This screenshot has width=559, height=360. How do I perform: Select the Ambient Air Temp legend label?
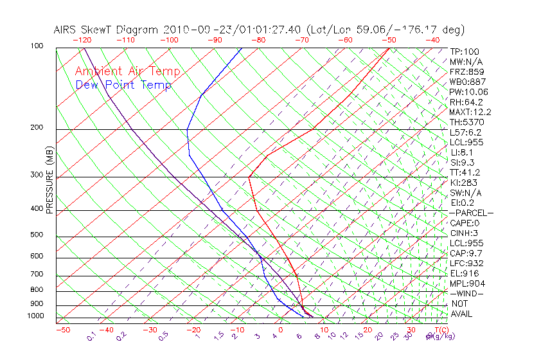pos(127,71)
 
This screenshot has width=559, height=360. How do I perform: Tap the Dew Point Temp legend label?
pos(123,85)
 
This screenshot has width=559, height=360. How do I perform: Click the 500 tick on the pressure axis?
pos(37,235)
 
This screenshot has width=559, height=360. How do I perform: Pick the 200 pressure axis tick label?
pos(37,128)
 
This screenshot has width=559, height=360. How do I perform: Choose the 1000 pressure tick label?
pos(36,316)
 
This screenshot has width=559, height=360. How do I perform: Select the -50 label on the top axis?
pos(389,40)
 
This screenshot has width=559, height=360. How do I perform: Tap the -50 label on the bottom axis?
pos(62,330)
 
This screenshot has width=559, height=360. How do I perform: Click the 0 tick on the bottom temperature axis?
pos(280,330)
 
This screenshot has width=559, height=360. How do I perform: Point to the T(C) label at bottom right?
pos(441,330)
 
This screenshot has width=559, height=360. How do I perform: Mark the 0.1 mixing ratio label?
pos(92,336)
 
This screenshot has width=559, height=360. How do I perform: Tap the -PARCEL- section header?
pos(471,213)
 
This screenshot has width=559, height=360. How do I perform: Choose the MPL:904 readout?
pos(467,283)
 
